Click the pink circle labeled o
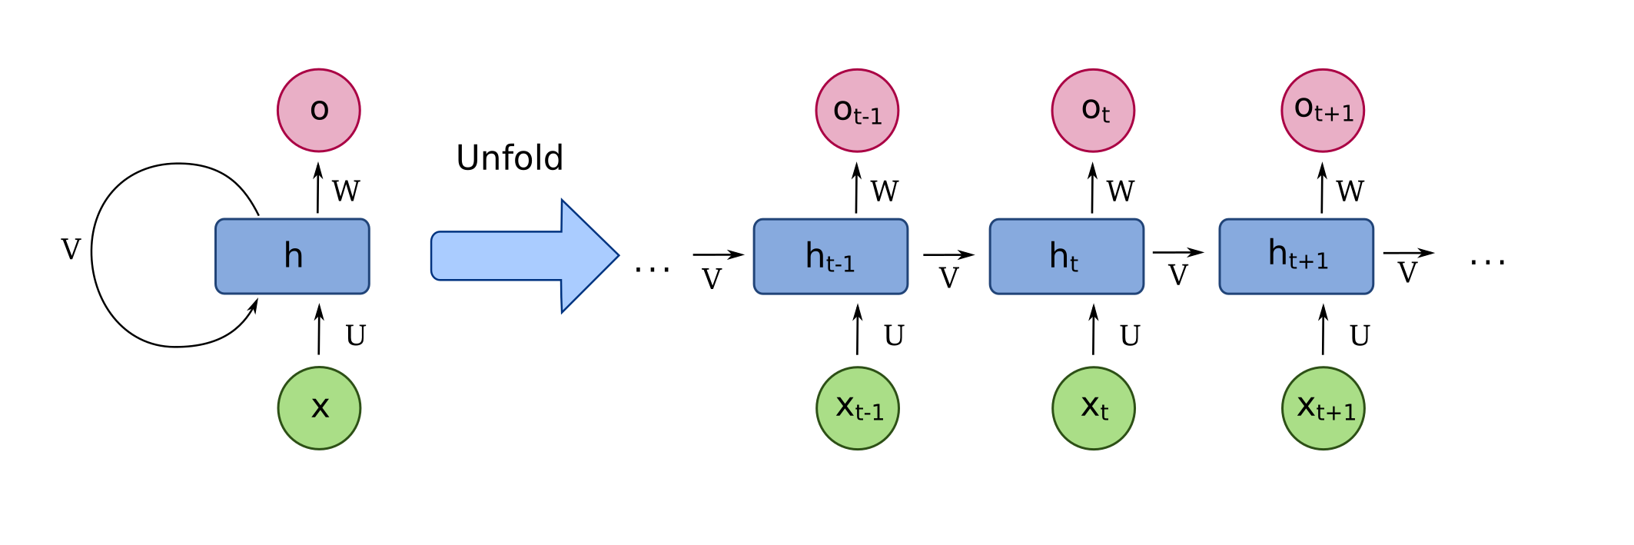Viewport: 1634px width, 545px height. pos(319,111)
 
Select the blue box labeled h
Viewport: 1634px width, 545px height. pos(292,256)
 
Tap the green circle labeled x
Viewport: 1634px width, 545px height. pos(319,408)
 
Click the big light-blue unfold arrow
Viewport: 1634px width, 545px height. pos(523,256)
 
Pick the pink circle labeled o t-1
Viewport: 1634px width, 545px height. pos(857,111)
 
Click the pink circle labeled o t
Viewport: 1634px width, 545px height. pos(1093,111)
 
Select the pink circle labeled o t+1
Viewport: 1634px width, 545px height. pos(1323,111)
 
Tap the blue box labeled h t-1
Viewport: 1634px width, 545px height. pos(830,256)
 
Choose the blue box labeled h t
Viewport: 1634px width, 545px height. pos(1066,256)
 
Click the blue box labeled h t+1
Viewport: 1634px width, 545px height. pos(1296,256)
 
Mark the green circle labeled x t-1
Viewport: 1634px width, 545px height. pos(858,408)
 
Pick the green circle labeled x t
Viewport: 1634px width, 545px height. pos(1093,408)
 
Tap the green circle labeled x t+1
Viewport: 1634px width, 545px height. pos(1323,408)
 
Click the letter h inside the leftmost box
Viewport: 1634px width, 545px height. pos(293,255)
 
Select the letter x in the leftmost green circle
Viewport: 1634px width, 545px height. pos(320,407)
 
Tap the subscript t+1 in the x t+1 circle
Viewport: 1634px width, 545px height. pos(1337,413)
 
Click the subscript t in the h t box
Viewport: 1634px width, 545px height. pos(1074,264)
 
